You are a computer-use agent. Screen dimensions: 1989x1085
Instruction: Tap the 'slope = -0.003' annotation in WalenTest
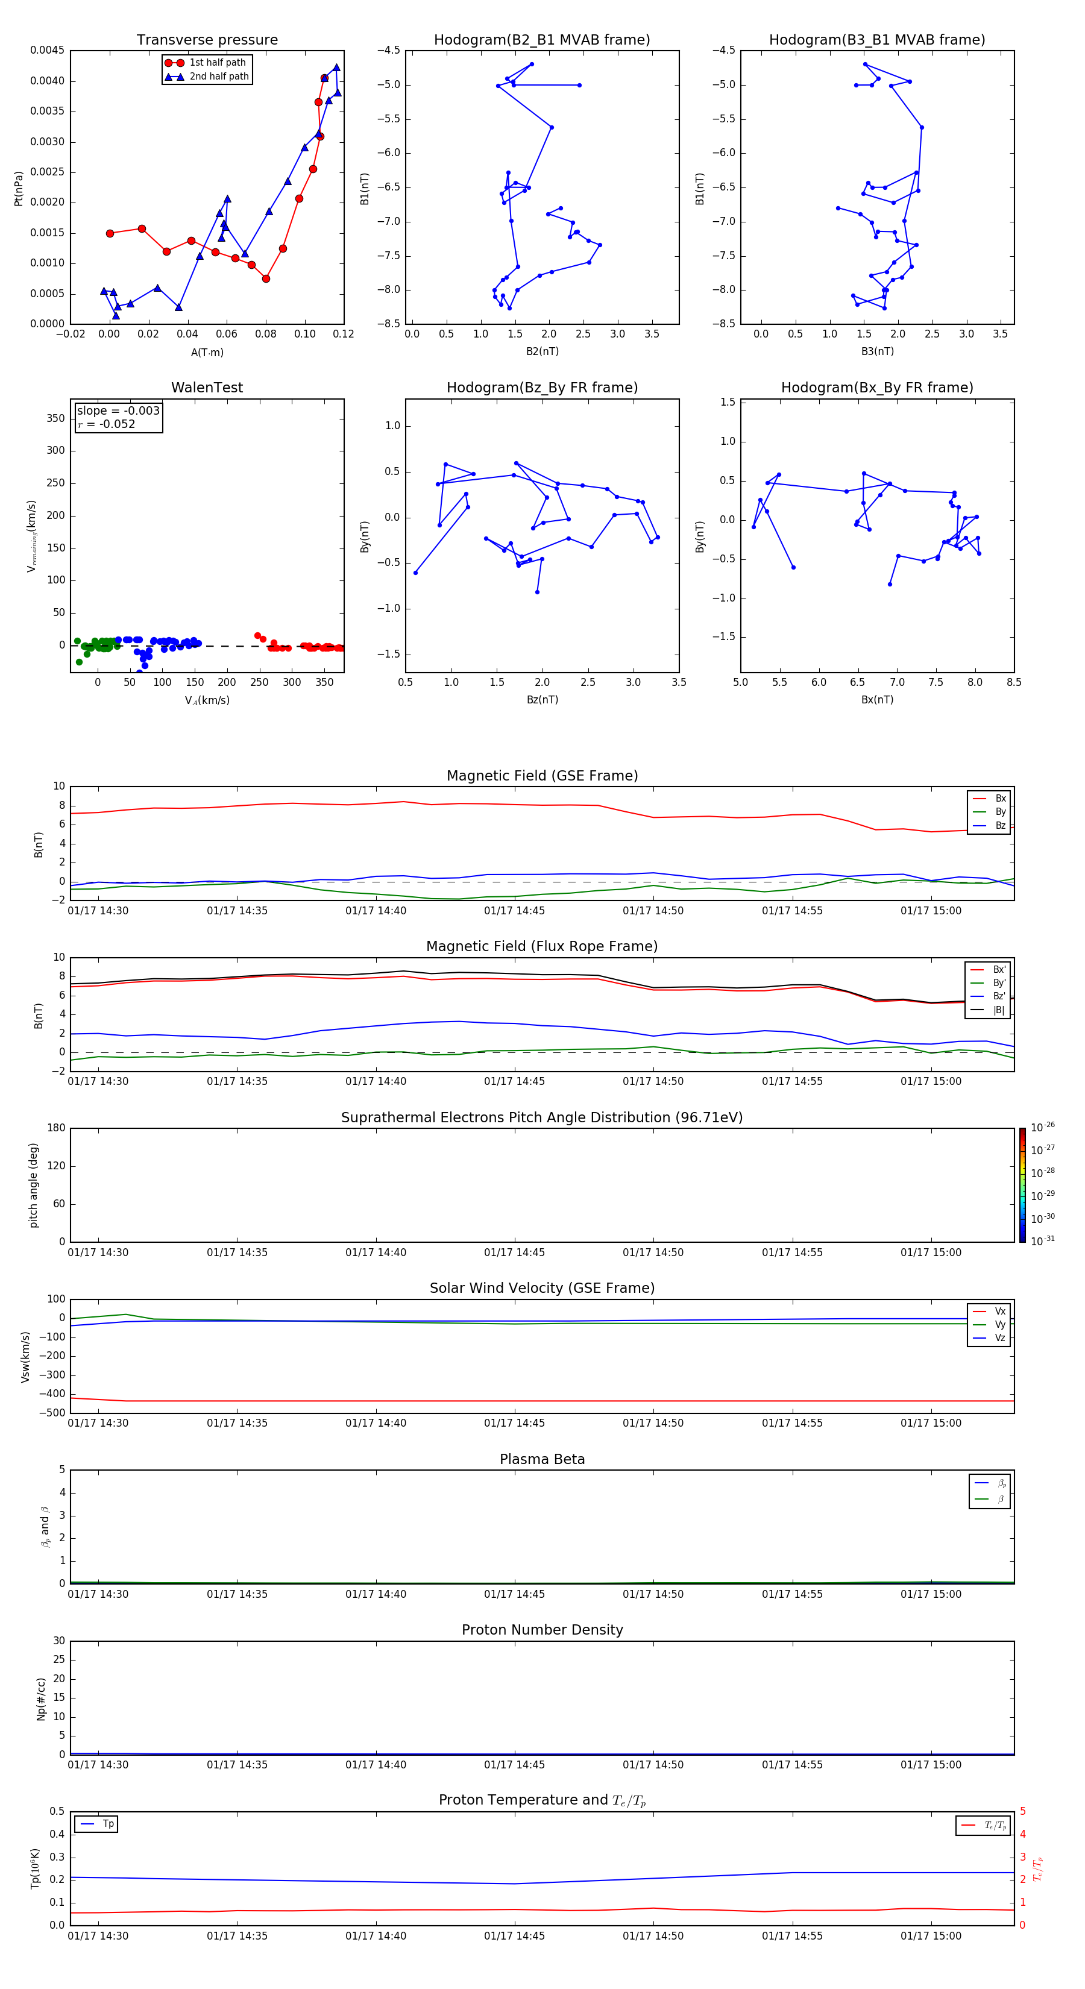(118, 411)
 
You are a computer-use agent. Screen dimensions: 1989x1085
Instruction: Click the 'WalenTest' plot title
(207, 388)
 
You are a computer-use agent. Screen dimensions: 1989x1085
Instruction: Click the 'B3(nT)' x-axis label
(877, 351)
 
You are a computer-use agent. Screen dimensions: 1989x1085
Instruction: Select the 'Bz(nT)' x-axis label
(542, 700)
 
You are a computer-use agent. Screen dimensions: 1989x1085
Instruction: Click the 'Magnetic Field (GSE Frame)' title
(542, 776)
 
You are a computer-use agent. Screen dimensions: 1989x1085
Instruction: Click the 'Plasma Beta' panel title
(542, 1459)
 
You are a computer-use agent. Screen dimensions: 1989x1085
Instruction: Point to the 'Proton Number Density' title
(542, 1630)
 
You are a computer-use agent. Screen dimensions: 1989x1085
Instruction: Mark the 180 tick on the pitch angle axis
(55, 1128)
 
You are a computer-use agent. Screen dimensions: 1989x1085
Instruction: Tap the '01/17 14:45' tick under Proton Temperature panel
(514, 1936)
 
